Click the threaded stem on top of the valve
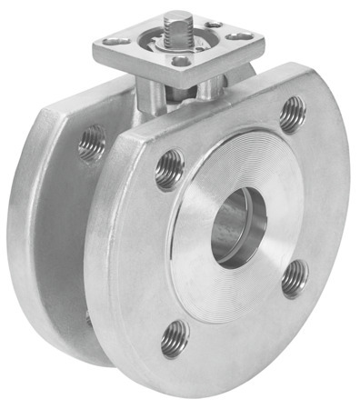tap(179, 23)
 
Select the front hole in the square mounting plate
tap(180, 62)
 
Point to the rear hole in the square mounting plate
tap(212, 25)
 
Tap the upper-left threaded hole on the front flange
tap(169, 168)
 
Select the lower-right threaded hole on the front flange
tap(294, 277)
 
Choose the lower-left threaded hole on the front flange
tap(175, 339)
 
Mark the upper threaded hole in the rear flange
tap(92, 144)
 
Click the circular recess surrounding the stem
tap(177, 38)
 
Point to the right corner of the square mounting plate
tap(264, 41)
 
